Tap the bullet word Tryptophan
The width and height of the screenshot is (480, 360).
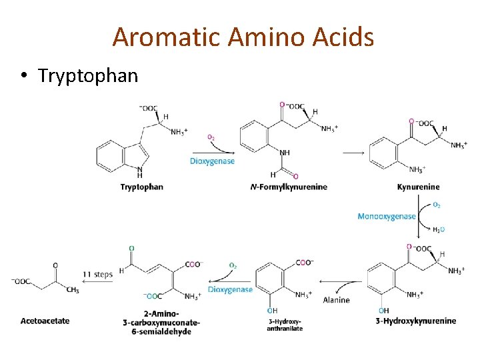point(88,75)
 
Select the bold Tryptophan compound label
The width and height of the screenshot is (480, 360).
point(141,187)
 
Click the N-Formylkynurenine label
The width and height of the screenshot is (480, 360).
point(289,187)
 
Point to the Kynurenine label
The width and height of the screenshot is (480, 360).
point(417,187)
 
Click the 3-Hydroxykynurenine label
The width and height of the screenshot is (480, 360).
point(416,321)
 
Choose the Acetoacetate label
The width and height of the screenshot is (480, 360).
point(45,321)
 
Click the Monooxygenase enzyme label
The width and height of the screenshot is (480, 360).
point(387,216)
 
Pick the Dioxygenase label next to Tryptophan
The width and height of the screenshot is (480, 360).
point(212,161)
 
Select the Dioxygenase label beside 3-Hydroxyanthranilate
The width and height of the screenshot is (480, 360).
point(230,289)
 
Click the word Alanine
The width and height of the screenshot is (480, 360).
point(336,300)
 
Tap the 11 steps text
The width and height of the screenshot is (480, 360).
point(97,274)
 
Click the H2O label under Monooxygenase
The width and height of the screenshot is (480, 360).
point(438,229)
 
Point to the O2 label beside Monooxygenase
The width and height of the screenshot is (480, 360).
point(437,205)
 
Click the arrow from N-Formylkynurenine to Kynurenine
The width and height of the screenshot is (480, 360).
point(353,153)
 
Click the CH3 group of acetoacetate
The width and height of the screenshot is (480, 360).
point(73,290)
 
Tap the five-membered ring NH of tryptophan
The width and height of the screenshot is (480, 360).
point(139,172)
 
